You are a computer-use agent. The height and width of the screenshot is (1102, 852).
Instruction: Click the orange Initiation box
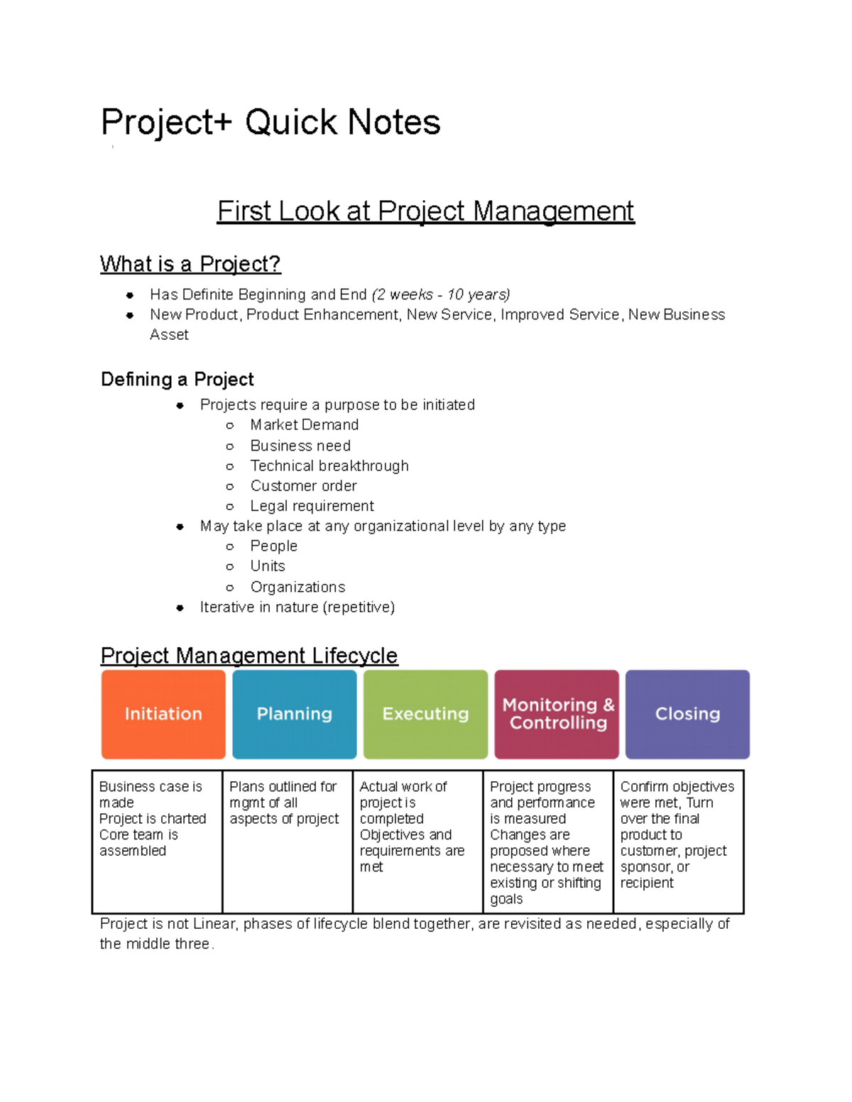(x=163, y=714)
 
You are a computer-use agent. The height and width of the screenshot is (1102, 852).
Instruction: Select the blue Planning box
(x=294, y=714)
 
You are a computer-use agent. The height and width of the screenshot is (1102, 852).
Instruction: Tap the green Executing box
(x=425, y=714)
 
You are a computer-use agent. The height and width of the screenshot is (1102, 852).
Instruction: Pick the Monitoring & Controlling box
(x=557, y=714)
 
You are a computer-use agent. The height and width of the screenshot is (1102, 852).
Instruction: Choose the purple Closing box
(x=687, y=714)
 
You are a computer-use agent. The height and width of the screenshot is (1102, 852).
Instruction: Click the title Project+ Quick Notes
(x=271, y=122)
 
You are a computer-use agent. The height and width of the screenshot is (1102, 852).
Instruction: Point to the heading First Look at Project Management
(x=425, y=211)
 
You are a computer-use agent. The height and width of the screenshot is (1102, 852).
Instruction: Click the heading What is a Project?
(x=190, y=264)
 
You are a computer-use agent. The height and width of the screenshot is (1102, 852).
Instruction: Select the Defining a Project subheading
(x=177, y=379)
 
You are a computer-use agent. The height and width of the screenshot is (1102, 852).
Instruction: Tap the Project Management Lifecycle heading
(x=249, y=655)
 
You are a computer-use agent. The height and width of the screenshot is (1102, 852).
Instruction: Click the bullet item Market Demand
(x=304, y=425)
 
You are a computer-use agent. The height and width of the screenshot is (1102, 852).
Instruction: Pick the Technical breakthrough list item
(x=329, y=466)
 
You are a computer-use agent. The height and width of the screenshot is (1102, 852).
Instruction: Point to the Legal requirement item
(x=312, y=506)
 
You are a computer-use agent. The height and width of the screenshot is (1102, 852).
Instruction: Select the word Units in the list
(x=268, y=566)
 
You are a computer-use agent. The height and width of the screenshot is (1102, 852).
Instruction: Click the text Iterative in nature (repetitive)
(x=297, y=607)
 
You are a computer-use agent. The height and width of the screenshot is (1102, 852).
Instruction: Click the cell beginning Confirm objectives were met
(x=677, y=834)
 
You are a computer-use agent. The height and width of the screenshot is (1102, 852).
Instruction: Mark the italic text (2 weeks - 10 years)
(x=441, y=294)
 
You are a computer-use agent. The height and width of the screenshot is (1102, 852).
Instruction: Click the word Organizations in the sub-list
(x=297, y=588)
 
